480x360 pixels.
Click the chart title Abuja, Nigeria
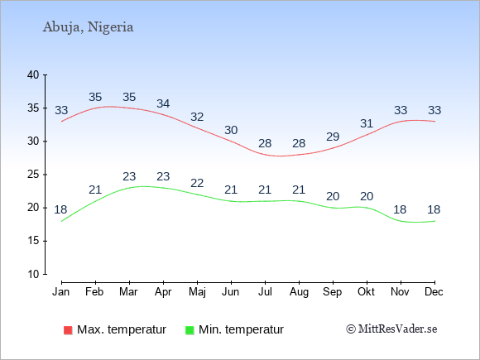tap(89, 27)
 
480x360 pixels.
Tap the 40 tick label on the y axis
tap(33, 74)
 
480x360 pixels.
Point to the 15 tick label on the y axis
tap(33, 241)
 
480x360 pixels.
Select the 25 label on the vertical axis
tap(33, 175)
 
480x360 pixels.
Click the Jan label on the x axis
tap(61, 292)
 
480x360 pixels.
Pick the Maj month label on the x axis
tap(197, 292)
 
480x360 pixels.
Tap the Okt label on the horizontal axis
tap(366, 292)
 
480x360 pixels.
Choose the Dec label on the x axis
tap(434, 292)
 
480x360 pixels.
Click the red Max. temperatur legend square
tap(68, 330)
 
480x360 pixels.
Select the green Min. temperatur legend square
tap(190, 330)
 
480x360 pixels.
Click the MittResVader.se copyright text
tap(391, 329)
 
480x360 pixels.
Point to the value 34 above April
tap(163, 103)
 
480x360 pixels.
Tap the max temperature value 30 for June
tap(231, 130)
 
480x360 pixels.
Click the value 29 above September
tap(333, 137)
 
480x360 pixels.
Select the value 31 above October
tap(367, 123)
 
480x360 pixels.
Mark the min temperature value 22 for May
tap(197, 183)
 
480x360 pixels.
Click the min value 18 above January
tap(60, 209)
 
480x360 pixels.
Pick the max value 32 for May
tap(197, 117)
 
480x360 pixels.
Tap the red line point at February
tap(95, 108)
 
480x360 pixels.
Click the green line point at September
tap(333, 208)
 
